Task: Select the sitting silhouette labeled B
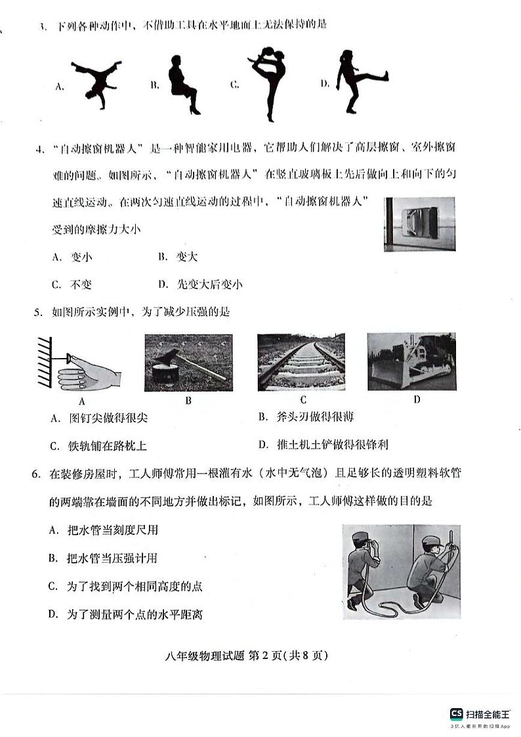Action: coord(182,85)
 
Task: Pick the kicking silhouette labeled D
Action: coord(358,81)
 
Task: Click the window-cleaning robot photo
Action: coord(420,224)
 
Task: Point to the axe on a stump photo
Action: coord(188,363)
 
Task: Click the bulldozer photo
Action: coord(411,363)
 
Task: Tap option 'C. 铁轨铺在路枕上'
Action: coord(98,446)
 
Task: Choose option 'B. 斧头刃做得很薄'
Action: coord(306,417)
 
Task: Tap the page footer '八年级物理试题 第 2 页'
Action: coord(260,654)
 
